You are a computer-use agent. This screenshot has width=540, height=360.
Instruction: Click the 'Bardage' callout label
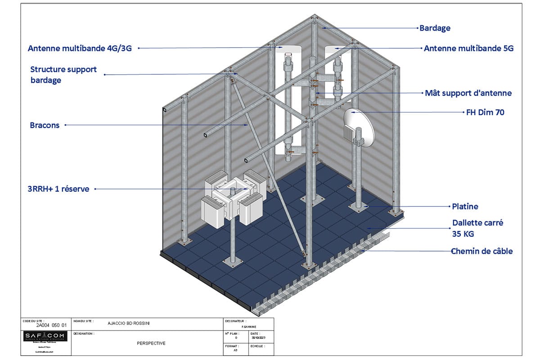point(435,28)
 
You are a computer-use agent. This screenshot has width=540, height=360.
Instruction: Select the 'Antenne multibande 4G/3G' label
point(80,48)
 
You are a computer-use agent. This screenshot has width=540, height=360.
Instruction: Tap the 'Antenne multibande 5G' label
point(468,48)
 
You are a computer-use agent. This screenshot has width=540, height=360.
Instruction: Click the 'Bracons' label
point(45,125)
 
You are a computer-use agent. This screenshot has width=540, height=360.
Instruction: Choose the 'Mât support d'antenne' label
point(468,93)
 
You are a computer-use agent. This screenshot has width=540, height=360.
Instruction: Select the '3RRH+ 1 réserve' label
point(58,189)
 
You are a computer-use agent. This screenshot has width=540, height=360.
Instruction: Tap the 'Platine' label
point(465,207)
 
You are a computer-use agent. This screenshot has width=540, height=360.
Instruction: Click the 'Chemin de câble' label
point(481,251)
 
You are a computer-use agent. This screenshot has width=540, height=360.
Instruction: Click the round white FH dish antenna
point(360,129)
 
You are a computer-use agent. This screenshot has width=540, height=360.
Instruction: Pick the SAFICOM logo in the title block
point(45,337)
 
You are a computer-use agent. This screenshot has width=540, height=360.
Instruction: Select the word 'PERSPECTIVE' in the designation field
point(151,343)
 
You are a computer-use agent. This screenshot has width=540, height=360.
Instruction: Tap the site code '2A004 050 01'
point(51,325)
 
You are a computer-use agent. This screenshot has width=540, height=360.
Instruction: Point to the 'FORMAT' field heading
point(231,346)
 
